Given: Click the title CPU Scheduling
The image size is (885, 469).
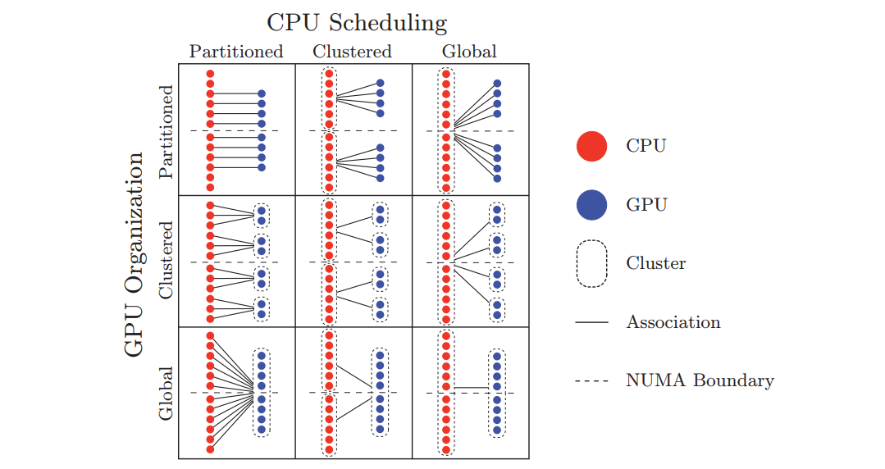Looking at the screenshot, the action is tap(357, 23).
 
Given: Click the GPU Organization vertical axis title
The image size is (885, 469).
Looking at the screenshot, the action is tap(135, 254).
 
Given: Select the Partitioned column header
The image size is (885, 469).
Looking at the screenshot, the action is tap(236, 52).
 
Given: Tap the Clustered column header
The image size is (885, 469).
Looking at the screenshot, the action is tap(352, 52).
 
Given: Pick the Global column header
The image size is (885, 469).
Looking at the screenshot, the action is tap(469, 52).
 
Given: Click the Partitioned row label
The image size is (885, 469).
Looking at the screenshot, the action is tap(166, 132).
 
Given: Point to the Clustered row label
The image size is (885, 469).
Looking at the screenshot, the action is tap(166, 260).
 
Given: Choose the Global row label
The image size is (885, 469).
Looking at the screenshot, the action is tap(166, 394).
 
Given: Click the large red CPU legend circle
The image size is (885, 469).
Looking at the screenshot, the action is tap(591, 146).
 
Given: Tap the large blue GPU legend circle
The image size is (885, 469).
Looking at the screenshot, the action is tap(591, 204).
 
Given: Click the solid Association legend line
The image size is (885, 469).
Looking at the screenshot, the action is tap(591, 322).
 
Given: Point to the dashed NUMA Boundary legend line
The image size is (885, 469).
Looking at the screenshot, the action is tap(591, 381).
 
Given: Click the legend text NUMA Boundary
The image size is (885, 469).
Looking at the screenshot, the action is tap(700, 380).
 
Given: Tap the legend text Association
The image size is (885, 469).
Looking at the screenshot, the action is tap(673, 321).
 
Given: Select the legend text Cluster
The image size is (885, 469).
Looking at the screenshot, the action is tap(656, 263).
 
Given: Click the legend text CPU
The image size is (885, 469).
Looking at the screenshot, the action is tap(646, 146).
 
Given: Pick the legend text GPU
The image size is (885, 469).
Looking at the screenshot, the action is tap(647, 204).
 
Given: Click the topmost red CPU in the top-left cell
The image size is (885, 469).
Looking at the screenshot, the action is tap(210, 74).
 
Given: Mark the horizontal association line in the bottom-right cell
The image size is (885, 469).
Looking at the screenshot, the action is tap(472, 388).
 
